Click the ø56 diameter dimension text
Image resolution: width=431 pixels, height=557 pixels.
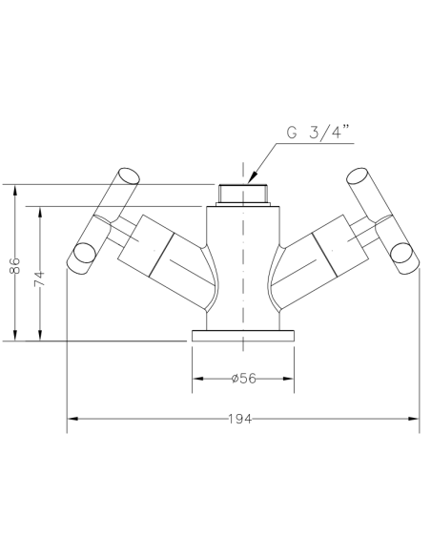(x=244, y=378)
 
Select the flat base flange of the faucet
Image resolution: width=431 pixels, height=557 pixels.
(x=243, y=336)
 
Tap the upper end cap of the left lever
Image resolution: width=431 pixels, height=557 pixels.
(x=128, y=175)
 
